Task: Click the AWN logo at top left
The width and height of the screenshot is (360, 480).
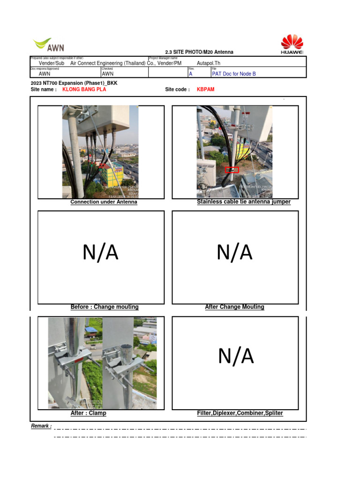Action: pyautogui.click(x=49, y=45)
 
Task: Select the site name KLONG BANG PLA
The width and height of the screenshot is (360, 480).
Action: pyautogui.click(x=84, y=90)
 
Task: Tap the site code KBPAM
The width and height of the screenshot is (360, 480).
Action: pyautogui.click(x=205, y=90)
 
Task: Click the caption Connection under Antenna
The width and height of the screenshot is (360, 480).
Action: pyautogui.click(x=104, y=202)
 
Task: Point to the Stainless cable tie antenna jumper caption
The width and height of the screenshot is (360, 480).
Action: pyautogui.click(x=244, y=202)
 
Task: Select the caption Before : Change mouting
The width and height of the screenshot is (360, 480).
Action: pyautogui.click(x=105, y=307)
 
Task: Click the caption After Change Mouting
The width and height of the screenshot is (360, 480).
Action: pyautogui.click(x=234, y=307)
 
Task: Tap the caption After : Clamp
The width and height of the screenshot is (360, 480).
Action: pyautogui.click(x=88, y=413)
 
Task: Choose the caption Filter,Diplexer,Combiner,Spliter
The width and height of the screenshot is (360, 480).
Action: pyautogui.click(x=240, y=413)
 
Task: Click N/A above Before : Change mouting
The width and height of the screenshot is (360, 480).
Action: pyautogui.click(x=100, y=253)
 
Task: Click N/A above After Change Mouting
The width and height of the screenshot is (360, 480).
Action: pyautogui.click(x=234, y=253)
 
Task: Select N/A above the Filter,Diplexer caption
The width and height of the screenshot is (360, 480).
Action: pyautogui.click(x=236, y=356)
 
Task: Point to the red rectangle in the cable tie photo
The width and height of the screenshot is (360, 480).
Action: pyautogui.click(x=232, y=170)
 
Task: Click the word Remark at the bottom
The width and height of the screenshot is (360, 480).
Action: pyautogui.click(x=41, y=426)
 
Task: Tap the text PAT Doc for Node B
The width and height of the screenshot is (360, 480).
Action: pyautogui.click(x=234, y=74)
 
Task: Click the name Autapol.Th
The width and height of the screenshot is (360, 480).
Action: pyautogui.click(x=209, y=63)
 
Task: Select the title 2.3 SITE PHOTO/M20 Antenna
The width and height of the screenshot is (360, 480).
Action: pyautogui.click(x=199, y=52)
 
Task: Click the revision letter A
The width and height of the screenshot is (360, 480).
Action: pyautogui.click(x=190, y=74)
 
